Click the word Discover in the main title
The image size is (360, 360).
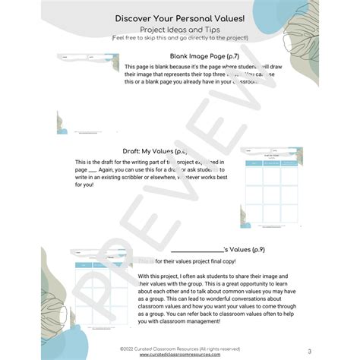(x=134, y=17)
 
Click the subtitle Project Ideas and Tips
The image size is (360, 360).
(x=179, y=29)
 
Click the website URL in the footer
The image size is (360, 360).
(x=179, y=353)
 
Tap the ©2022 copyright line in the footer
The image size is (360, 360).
(x=179, y=347)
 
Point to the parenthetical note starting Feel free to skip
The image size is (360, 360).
(x=179, y=36)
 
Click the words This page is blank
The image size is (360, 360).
(x=151, y=67)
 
